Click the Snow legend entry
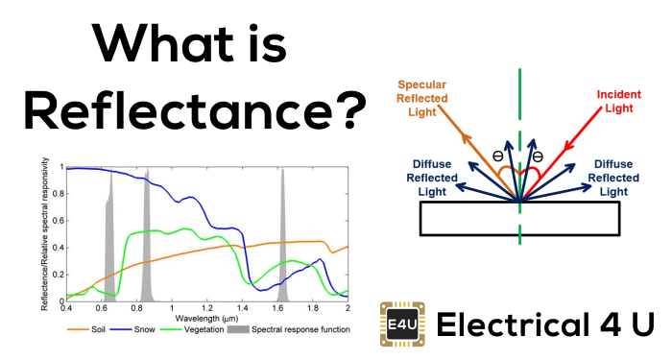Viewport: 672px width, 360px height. (150, 329)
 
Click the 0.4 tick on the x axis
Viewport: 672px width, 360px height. (66, 306)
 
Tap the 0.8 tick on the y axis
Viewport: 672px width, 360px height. (56, 194)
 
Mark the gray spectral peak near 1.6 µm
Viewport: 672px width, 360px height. (283, 240)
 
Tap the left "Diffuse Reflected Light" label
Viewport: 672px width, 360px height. (429, 178)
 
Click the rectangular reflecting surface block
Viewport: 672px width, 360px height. (518, 220)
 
